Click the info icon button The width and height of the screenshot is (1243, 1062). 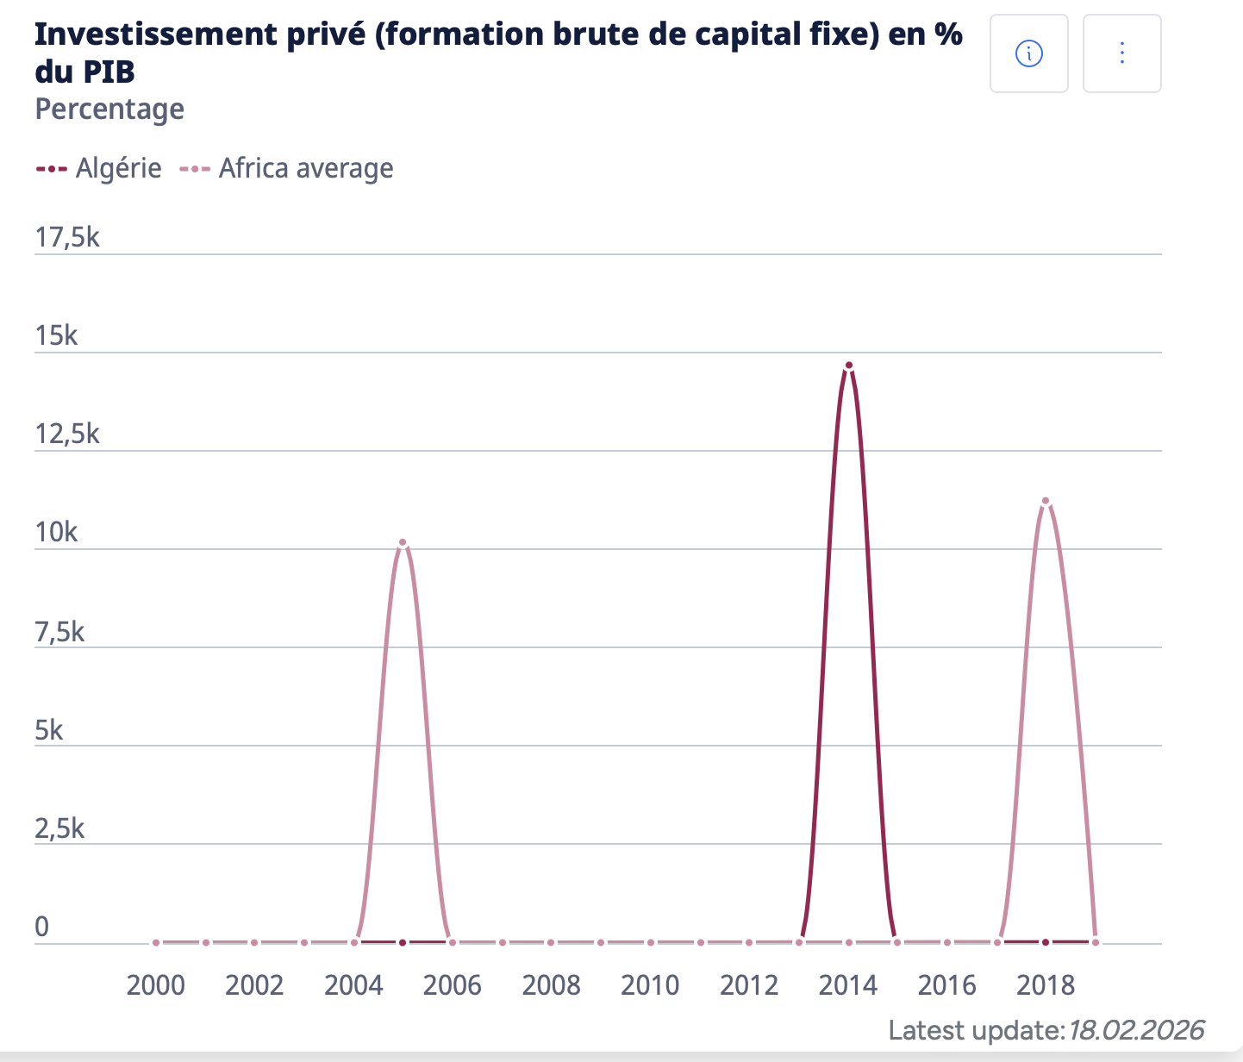point(1028,53)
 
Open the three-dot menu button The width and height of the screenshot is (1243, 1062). point(1121,53)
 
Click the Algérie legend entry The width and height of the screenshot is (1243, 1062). point(98,168)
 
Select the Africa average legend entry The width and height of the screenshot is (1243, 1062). point(286,168)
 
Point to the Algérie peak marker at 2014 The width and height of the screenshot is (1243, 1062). point(849,365)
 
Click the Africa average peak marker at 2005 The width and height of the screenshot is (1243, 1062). point(403,542)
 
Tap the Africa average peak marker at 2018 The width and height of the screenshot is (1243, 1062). point(1046,501)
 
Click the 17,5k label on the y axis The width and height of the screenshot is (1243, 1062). point(67,237)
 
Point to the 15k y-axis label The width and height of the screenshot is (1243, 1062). point(57,335)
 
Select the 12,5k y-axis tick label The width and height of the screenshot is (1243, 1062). point(67,434)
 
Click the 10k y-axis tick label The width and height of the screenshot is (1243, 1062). point(57,533)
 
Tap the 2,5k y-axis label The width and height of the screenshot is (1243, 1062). point(60,828)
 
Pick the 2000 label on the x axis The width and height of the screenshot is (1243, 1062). point(156,985)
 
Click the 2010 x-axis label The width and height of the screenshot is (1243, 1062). point(650,985)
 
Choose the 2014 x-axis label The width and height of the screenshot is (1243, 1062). point(848,985)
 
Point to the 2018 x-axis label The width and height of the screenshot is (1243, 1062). point(1046,985)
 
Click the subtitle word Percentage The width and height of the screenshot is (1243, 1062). point(109,109)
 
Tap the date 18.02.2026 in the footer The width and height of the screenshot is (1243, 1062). point(1135,1030)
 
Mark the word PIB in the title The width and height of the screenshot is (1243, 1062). point(109,72)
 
